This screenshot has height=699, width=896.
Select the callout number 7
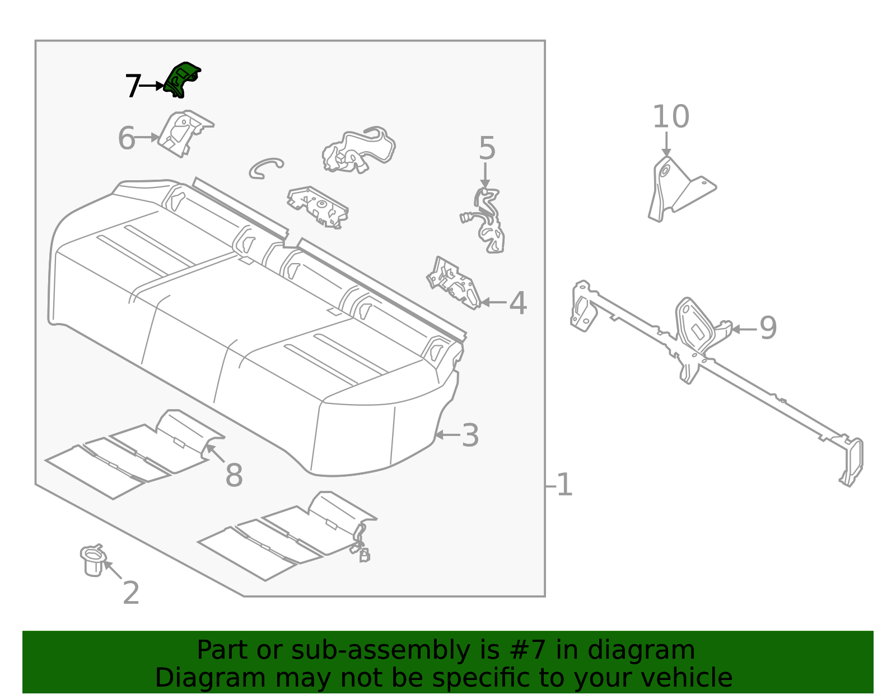coord(132,86)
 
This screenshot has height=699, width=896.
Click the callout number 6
coord(127,138)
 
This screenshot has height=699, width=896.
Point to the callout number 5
coord(487,149)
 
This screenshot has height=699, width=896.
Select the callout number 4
coord(517,303)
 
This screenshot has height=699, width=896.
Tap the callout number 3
coord(470,435)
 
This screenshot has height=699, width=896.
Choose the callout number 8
coord(234,475)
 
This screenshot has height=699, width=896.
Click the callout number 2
coord(130,593)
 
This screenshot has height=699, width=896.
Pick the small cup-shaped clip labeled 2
coord(92,561)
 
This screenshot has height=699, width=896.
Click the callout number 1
coord(564,485)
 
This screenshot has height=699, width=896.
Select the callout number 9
coord(768,328)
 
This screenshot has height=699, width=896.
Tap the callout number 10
coord(670,117)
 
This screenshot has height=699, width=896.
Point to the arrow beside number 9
coord(744,329)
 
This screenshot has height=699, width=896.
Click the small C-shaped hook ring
coord(265,167)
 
